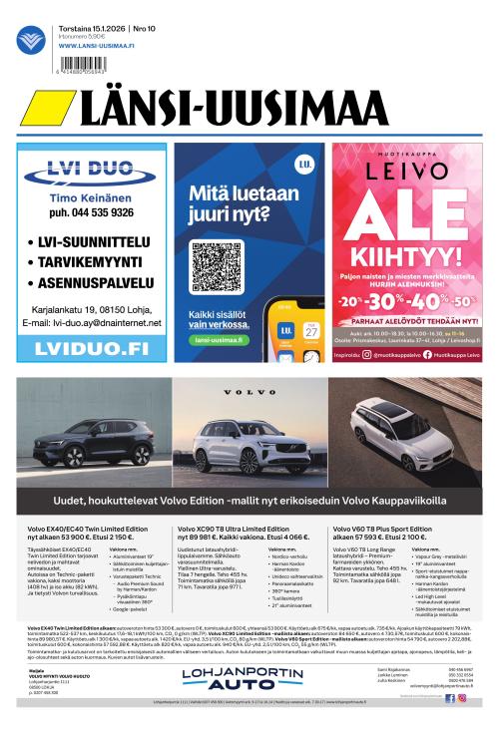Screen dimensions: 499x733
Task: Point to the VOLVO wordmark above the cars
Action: pos(249,392)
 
